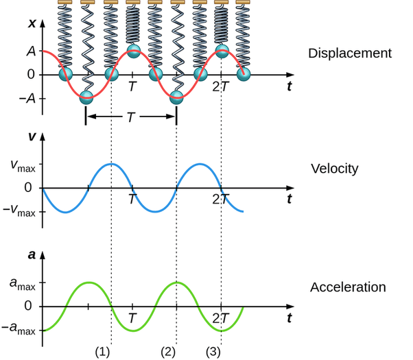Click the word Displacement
pos(350,53)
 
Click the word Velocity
pos(335,168)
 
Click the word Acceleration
pos(348,287)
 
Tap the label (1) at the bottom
pos(102,352)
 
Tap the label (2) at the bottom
pos(169,352)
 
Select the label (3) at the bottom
pos(214,352)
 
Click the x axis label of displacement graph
pos(32,23)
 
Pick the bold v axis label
pos(32,136)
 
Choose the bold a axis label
pos(32,254)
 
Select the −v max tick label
pos(19,211)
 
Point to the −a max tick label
pos(19,330)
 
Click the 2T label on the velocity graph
pos(220,200)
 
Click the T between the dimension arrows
pos(130,117)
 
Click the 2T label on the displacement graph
pos(220,87)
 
